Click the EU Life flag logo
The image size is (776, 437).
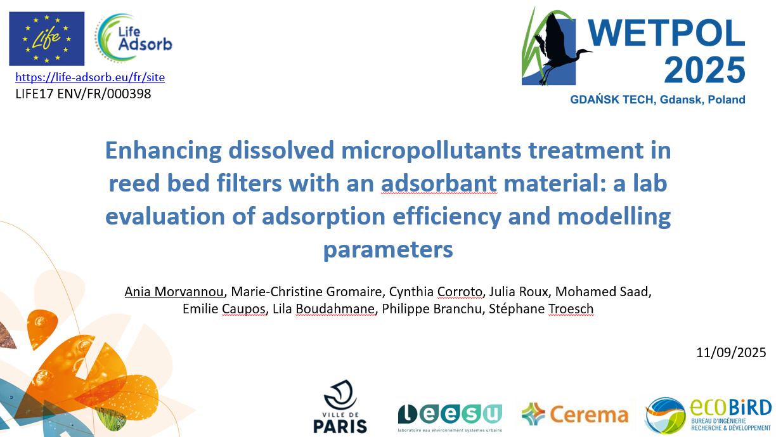47,39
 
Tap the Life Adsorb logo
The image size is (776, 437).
134,38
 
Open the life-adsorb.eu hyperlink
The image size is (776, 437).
90,77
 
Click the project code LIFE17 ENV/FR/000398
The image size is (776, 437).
83,94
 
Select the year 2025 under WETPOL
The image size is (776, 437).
704,70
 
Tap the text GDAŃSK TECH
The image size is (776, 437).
613,100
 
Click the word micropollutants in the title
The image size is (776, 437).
431,151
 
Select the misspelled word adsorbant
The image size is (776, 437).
439,183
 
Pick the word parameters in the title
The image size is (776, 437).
388,249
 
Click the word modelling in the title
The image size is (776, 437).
614,216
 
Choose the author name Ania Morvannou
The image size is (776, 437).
174,292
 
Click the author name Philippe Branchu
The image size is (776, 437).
432,309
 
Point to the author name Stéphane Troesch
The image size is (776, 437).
541,309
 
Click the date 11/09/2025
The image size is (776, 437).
731,353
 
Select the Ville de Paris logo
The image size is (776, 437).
340,407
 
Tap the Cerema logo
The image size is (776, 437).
575,414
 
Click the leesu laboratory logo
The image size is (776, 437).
449,418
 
